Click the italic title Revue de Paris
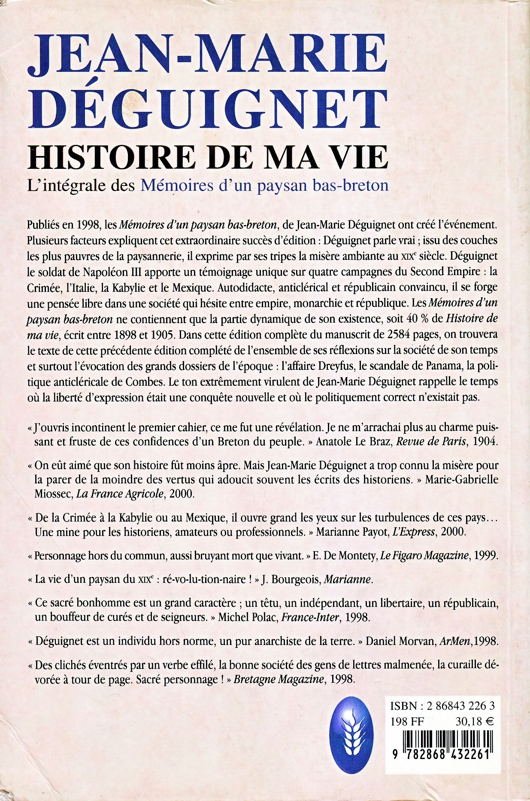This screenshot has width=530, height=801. [431, 442]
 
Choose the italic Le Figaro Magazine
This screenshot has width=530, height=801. [424, 556]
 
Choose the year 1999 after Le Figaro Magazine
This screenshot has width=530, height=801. [485, 556]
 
